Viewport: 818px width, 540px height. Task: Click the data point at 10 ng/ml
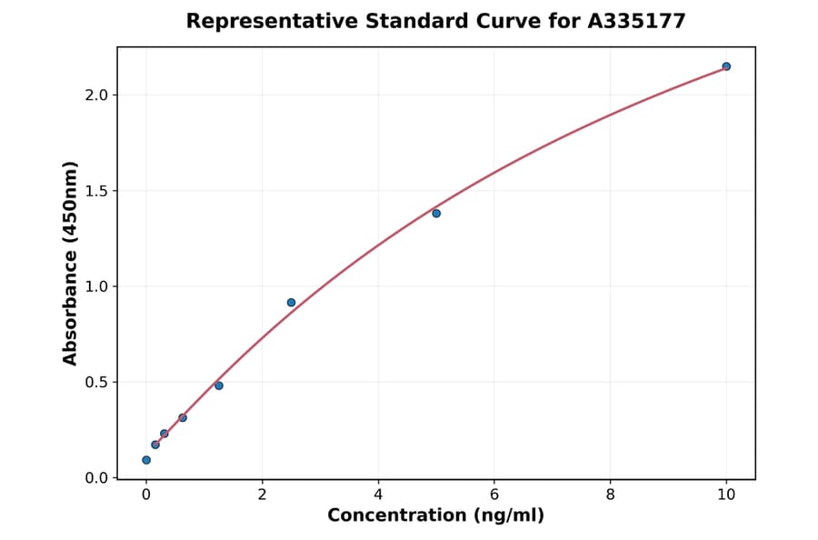coord(726,66)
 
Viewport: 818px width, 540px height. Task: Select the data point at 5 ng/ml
coord(436,214)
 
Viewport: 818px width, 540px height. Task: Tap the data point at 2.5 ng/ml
coord(291,303)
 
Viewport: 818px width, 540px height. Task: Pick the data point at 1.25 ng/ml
coord(219,385)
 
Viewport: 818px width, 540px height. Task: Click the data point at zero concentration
coord(146,460)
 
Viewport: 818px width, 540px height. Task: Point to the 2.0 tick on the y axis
coord(95,95)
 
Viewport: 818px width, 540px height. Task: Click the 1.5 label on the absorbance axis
coord(95,191)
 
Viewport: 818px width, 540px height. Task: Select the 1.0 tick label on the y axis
coord(95,286)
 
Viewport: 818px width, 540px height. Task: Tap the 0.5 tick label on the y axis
coord(95,383)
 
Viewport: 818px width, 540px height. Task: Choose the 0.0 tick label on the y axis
coord(95,478)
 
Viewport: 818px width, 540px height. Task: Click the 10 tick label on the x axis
coord(726,495)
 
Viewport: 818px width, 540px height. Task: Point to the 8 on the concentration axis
coord(610,495)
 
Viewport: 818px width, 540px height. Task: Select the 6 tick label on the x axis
coord(494,495)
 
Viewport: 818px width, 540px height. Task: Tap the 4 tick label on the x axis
coord(378,495)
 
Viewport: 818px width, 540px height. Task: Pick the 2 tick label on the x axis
coord(262,495)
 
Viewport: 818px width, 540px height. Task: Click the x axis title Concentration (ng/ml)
coord(435,516)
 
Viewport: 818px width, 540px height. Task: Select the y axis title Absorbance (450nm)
coord(71,263)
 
